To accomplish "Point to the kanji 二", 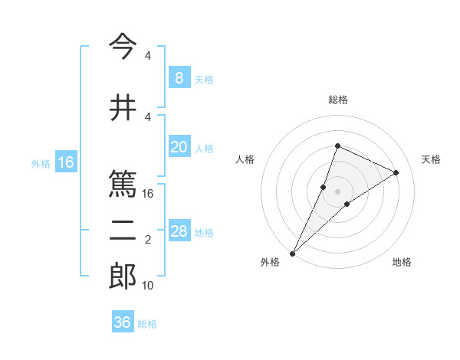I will click(x=123, y=231).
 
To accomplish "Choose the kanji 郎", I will click(x=123, y=277).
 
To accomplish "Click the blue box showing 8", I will click(x=179, y=78).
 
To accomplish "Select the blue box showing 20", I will click(x=179, y=148).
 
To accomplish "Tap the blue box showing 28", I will click(x=179, y=232).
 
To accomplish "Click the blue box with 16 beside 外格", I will click(x=66, y=162).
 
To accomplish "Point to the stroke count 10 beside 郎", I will click(x=149, y=286).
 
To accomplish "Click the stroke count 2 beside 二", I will click(x=148, y=240).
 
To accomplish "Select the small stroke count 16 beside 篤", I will click(x=149, y=194).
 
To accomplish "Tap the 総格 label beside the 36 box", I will click(x=148, y=324).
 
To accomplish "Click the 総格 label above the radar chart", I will click(x=337, y=100).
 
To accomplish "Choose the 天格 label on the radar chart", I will click(x=432, y=159).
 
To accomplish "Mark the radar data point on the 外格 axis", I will click(x=292, y=253).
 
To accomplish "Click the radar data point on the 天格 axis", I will click(x=396, y=172).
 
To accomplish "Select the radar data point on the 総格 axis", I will click(x=337, y=146).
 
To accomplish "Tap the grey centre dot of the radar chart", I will click(x=337, y=191).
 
